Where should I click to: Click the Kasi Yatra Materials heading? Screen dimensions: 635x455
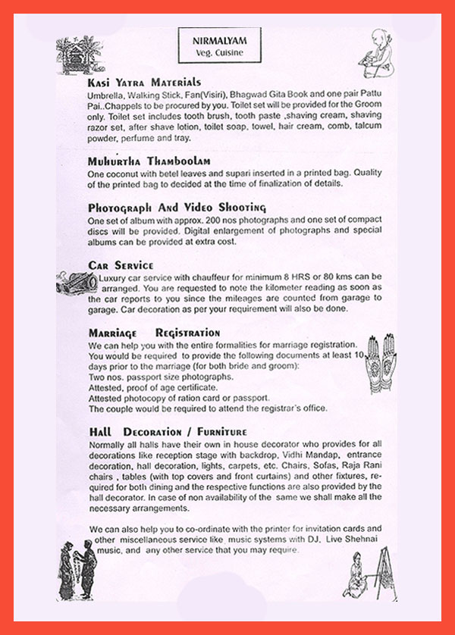(144, 82)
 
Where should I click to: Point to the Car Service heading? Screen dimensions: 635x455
(121, 265)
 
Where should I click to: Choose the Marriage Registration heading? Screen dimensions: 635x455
(154, 333)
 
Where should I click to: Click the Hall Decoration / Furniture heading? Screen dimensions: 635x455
(168, 432)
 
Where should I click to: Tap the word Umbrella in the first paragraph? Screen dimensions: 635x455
(106, 99)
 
